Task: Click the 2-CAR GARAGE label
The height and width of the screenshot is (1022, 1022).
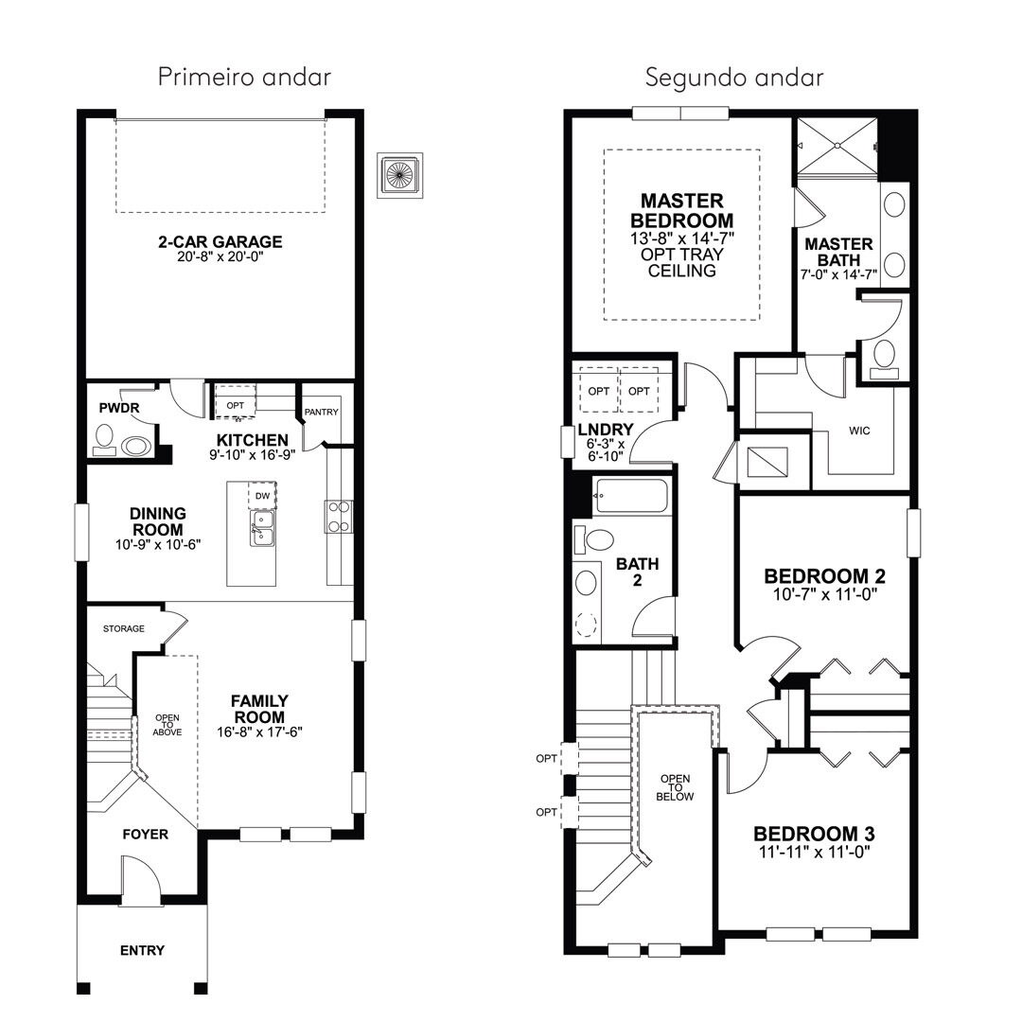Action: click(220, 242)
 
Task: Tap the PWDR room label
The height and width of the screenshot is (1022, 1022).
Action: click(119, 409)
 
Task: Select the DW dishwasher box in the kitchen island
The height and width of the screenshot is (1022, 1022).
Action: click(262, 495)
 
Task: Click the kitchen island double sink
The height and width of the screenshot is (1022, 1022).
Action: click(262, 528)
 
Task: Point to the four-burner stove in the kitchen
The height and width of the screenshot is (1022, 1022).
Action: click(339, 517)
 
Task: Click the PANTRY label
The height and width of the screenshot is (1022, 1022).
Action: click(322, 412)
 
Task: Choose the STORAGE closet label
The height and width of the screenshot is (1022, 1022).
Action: click(124, 629)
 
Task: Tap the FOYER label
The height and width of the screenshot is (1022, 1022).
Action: click(146, 835)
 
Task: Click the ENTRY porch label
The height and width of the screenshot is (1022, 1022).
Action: click(142, 950)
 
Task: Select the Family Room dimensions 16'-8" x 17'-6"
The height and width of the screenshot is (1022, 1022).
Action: click(259, 731)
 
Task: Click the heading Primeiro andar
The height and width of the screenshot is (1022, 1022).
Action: click(244, 77)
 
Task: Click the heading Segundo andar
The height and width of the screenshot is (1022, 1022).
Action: click(734, 78)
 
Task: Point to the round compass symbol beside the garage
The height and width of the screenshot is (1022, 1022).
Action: click(399, 176)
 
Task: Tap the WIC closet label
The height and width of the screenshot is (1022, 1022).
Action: click(859, 431)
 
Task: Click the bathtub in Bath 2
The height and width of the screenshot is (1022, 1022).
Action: click(629, 496)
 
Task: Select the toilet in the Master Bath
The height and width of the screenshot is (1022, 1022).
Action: click(884, 359)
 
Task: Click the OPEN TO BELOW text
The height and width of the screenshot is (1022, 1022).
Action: click(676, 787)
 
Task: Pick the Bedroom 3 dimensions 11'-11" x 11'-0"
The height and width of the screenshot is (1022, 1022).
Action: click(814, 852)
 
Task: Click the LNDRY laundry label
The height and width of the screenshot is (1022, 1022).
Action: click(606, 430)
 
